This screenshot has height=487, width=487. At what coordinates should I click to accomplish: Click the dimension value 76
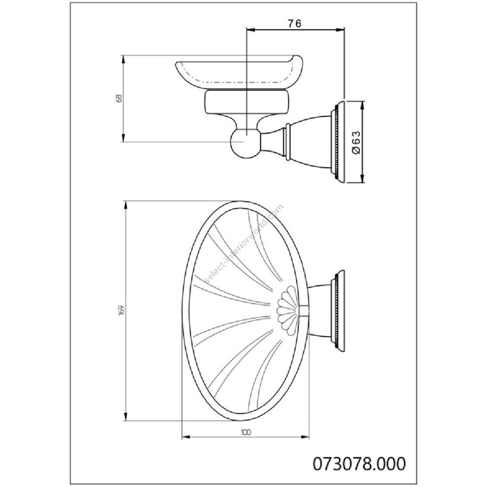pos(294,23)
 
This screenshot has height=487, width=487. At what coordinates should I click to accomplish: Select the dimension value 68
pos(119,98)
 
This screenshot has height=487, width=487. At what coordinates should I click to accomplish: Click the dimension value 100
pos(245,432)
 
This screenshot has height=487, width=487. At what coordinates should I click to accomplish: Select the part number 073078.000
pos(359,464)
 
